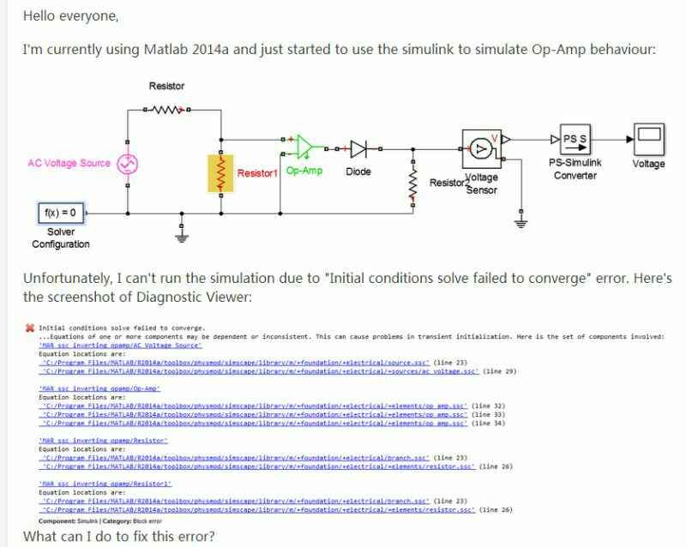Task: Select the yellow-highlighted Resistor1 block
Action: click(221, 174)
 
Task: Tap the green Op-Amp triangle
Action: click(304, 148)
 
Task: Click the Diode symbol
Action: click(358, 148)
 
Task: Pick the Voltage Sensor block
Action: click(482, 147)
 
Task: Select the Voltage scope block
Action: click(647, 137)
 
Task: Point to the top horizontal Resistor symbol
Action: click(167, 110)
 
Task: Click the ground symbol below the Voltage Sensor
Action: click(521, 224)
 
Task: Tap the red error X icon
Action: click(30, 328)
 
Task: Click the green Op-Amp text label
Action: click(304, 171)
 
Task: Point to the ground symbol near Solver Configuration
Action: click(181, 229)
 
